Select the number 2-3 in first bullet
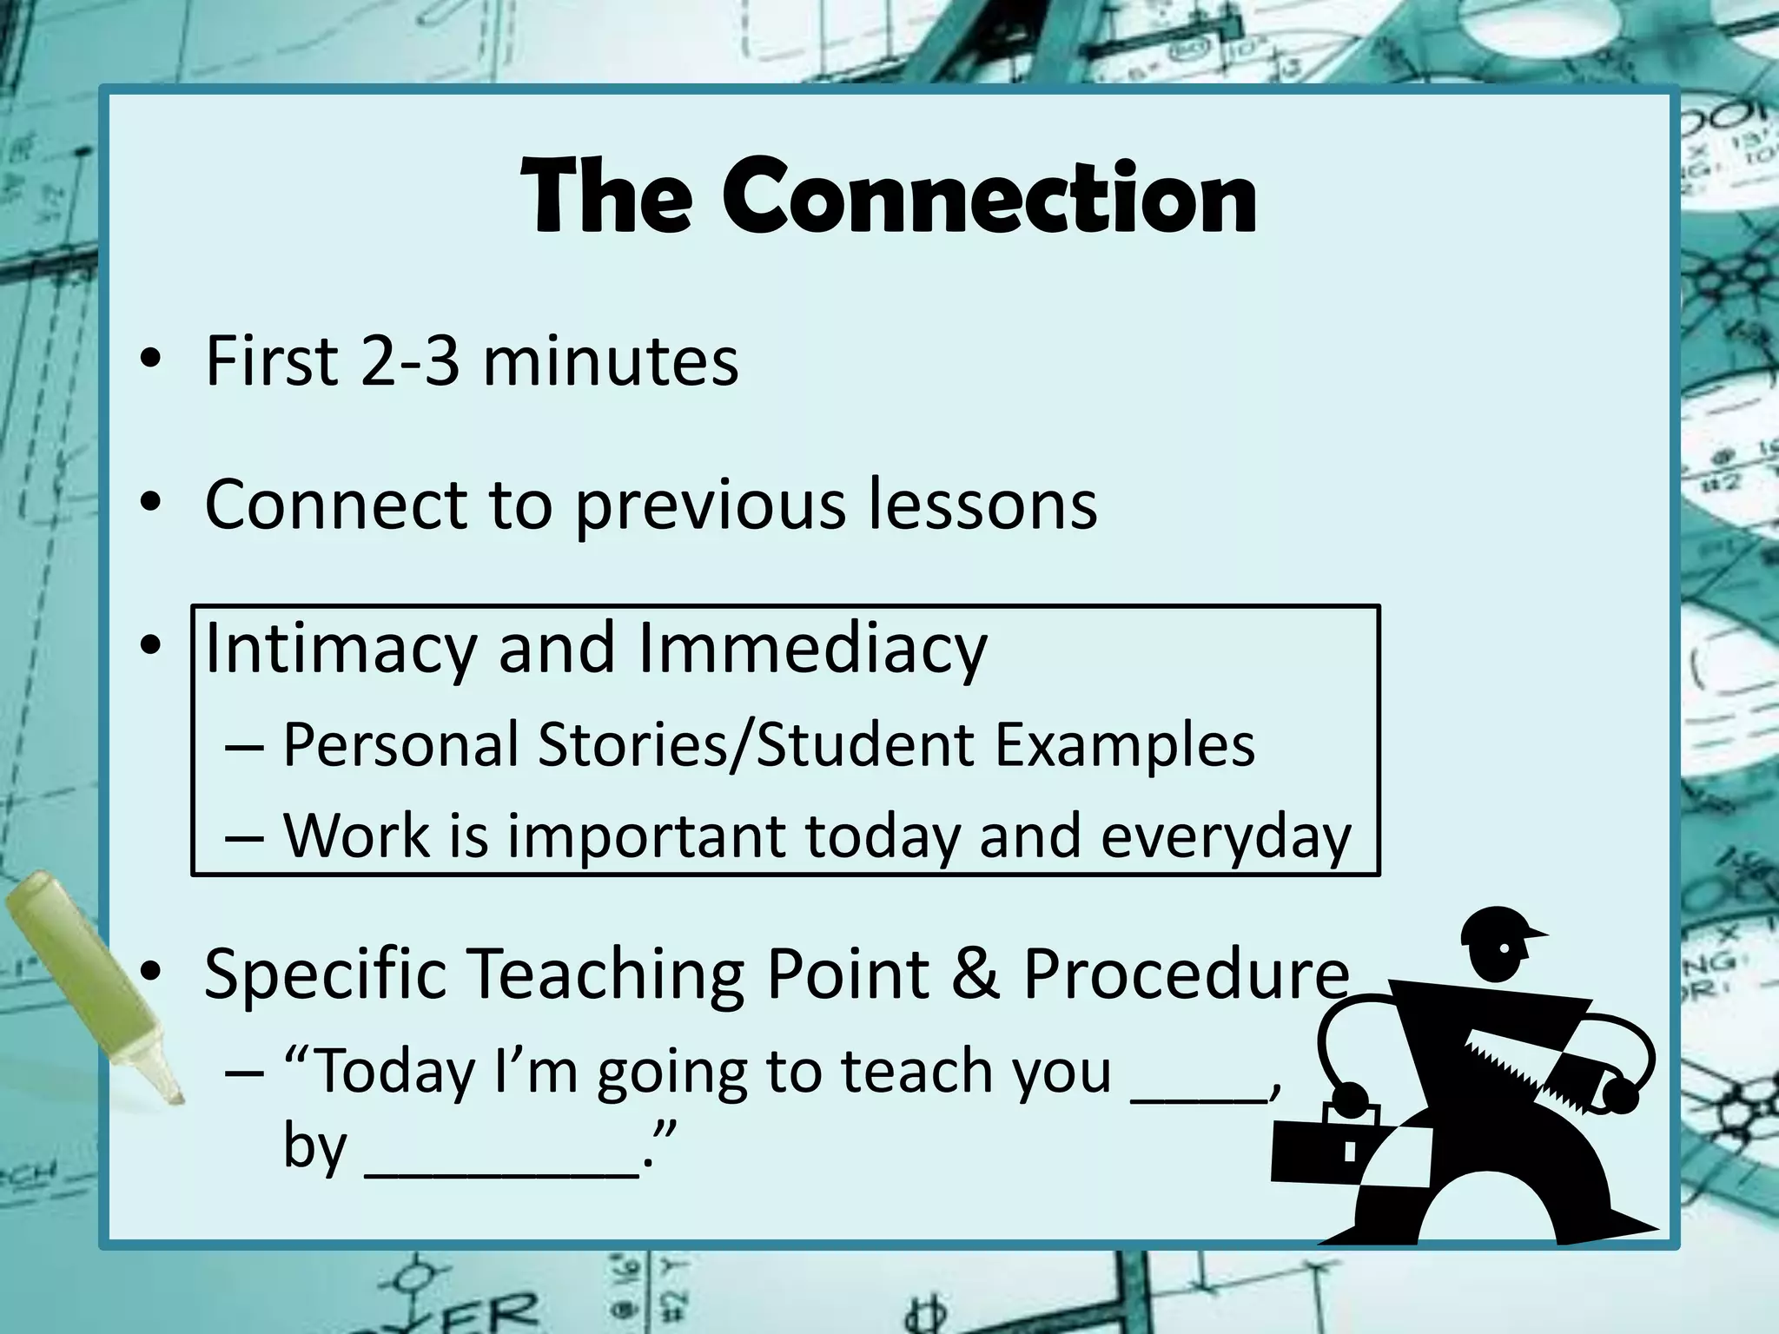click(409, 360)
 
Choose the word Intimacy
click(340, 650)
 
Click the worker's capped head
click(1496, 942)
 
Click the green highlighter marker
click(87, 981)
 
